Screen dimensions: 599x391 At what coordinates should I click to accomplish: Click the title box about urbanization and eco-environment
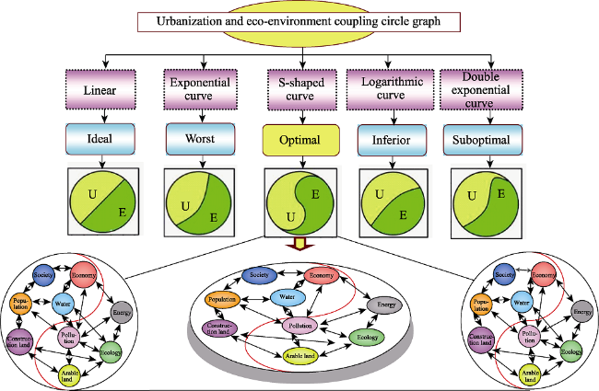pos(299,22)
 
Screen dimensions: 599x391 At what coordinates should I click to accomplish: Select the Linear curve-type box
pos(100,90)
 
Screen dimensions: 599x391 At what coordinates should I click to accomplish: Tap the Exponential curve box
pos(201,89)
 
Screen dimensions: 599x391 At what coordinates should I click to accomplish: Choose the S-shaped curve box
pos(301,90)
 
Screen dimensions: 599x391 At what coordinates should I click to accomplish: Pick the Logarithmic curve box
pos(390,89)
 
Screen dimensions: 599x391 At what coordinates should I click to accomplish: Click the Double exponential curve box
pos(481,89)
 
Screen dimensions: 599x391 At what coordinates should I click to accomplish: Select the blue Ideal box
pos(100,139)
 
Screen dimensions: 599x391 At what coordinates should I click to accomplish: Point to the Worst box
pos(201,139)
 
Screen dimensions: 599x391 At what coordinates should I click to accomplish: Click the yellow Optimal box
pos(300,140)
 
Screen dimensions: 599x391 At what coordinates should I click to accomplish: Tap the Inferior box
pos(392,140)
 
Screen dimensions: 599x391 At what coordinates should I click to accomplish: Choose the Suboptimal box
pos(483,140)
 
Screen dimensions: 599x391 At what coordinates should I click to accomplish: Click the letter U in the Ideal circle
pos(92,194)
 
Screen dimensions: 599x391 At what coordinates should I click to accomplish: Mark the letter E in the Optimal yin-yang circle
pos(315,194)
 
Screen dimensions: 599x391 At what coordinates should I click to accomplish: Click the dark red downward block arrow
pos(300,244)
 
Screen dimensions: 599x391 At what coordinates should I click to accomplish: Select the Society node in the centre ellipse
pos(260,275)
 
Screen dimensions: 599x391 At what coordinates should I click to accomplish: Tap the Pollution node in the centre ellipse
pos(300,326)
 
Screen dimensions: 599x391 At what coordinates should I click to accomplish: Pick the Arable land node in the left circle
pos(69,376)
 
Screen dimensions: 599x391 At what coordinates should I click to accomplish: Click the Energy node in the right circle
pos(582,312)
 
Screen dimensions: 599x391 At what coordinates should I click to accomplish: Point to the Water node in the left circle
pos(63,304)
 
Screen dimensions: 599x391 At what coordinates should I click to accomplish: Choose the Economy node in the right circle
pos(544,275)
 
